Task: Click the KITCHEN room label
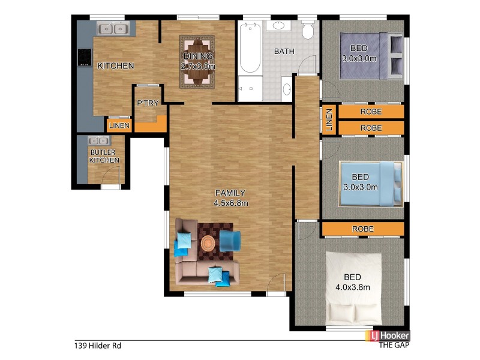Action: pos(115,66)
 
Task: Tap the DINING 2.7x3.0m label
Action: pos(197,62)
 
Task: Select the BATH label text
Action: pos(284,52)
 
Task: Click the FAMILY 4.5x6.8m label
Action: pos(230,197)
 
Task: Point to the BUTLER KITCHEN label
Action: pos(104,157)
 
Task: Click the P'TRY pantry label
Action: pos(148,103)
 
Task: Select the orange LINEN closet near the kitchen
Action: pos(118,125)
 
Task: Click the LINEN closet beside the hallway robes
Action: pos(329,119)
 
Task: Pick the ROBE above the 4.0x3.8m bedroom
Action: pos(362,229)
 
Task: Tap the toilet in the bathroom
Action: pos(308,30)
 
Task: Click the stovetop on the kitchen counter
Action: pos(83,57)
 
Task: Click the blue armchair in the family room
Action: pos(229,241)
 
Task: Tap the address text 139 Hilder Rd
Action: pos(98,346)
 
